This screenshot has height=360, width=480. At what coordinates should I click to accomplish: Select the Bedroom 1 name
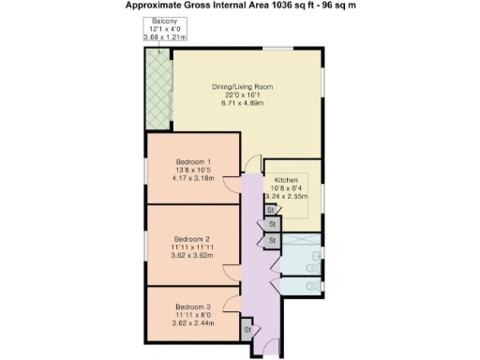(x=191, y=160)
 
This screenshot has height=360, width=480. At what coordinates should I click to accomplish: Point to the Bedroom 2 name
(x=191, y=237)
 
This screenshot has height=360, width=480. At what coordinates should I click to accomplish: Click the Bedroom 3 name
(x=192, y=307)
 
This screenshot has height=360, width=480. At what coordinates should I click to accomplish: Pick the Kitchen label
(x=287, y=177)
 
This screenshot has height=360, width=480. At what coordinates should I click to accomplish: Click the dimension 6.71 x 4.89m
(x=243, y=102)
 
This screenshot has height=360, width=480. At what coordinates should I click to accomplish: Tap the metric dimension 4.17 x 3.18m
(x=193, y=177)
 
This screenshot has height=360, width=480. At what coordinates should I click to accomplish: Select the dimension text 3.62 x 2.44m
(x=193, y=322)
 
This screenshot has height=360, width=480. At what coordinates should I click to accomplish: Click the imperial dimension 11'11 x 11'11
(x=192, y=246)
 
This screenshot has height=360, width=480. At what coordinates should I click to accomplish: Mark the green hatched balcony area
(x=157, y=89)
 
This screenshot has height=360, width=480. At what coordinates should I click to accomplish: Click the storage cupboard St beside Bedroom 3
(x=247, y=330)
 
